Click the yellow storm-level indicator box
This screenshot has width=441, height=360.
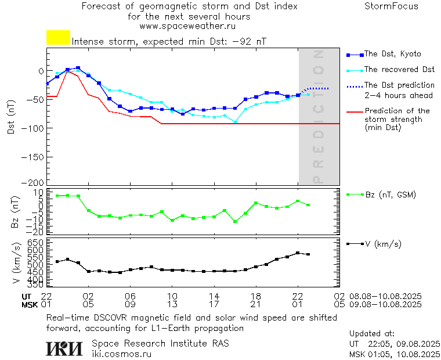tap(58, 38)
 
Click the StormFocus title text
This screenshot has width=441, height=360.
tap(391, 6)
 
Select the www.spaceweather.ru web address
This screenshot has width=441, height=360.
tap(187, 26)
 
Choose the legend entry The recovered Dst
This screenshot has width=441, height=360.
tap(399, 70)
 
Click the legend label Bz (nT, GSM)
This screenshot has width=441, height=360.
tap(390, 195)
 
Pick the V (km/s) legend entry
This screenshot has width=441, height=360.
tap(382, 244)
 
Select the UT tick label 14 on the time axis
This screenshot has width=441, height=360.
tap(214, 296)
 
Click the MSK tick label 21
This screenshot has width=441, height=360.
tap(256, 304)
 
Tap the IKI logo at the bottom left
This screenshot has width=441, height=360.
tap(64, 348)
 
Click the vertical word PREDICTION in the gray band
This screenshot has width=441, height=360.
tap(318, 116)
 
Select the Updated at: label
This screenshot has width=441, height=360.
tap(372, 334)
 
